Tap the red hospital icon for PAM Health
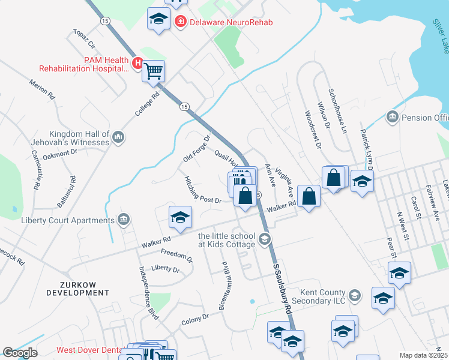coord(137,62)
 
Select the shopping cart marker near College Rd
coord(154,71)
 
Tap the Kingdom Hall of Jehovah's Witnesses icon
coord(118,138)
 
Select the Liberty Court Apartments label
coord(67,220)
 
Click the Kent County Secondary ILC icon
coord(355,295)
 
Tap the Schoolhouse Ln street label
coord(337,111)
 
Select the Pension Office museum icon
coord(393,115)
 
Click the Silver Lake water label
coord(440,35)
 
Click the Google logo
coord(20,353)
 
